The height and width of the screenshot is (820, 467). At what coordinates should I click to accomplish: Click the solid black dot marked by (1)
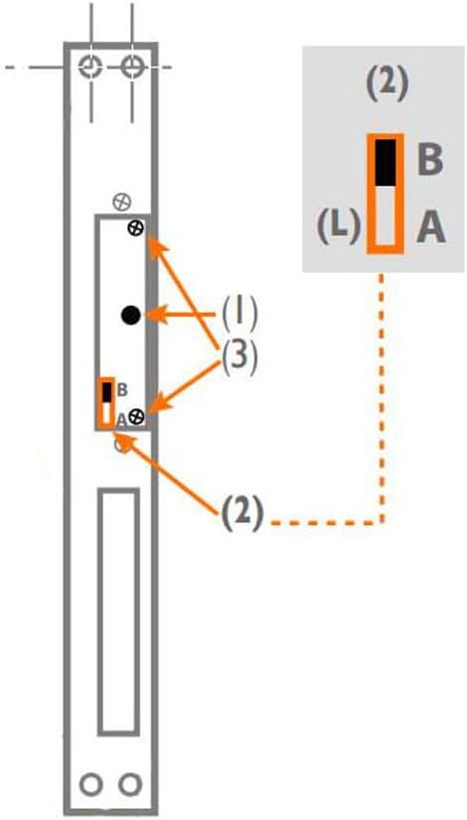130,315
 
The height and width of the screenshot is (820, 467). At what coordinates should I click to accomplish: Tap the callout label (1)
239,315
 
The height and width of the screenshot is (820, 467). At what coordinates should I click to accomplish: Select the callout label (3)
237,358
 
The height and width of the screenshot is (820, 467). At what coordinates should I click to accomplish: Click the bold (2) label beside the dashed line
240,515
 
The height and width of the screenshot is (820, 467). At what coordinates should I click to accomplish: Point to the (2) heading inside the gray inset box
386,86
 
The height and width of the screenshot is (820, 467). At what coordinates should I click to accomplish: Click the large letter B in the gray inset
430,161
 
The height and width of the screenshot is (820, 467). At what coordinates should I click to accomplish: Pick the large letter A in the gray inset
431,228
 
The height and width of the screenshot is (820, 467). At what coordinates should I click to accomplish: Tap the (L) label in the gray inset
339,228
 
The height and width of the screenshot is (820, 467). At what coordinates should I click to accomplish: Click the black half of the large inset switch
385,162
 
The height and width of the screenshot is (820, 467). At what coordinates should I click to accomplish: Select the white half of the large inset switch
385,216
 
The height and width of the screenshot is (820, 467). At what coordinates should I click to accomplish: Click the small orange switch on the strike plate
106,403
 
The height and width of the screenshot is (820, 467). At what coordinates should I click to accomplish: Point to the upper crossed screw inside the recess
136,227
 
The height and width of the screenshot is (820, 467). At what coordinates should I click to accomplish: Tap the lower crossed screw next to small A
137,416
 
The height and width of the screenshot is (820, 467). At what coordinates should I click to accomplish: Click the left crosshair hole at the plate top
90,67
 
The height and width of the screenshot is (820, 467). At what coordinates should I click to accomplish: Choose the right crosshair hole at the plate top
131,67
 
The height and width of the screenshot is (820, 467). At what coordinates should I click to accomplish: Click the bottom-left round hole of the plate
90,784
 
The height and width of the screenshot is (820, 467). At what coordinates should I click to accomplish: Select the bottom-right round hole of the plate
130,784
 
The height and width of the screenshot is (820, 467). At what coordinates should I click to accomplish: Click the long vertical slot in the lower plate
119,612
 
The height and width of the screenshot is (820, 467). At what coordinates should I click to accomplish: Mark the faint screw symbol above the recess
122,202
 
